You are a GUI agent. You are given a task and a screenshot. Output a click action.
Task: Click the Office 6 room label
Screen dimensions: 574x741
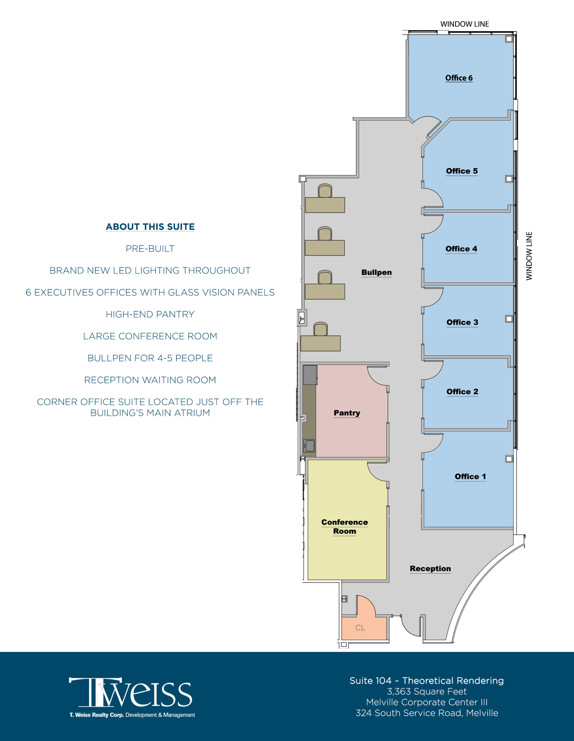point(459,78)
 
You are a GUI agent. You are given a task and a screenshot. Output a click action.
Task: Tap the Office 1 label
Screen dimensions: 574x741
point(470,476)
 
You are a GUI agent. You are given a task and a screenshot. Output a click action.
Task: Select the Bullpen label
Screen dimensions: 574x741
point(377,272)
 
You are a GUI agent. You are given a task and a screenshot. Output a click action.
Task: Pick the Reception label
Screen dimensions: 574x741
point(430,569)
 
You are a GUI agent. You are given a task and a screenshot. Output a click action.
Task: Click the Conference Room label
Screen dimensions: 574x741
point(345,527)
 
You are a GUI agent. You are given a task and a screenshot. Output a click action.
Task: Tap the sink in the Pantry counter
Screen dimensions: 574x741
point(309,445)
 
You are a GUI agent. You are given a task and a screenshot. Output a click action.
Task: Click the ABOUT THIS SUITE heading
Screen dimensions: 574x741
point(150,227)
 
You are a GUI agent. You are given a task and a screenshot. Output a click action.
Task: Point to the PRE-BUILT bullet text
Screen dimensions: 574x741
point(150,249)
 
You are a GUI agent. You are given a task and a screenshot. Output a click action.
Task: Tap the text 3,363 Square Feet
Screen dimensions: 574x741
point(427,692)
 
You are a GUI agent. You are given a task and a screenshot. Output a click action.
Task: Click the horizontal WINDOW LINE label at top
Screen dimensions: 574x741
point(464,24)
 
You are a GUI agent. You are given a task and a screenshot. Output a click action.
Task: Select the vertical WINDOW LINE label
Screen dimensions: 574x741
point(529,256)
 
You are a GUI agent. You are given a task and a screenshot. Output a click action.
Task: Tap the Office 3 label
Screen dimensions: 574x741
point(462,322)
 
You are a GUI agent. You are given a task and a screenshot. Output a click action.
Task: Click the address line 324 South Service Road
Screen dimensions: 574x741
point(427,713)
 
